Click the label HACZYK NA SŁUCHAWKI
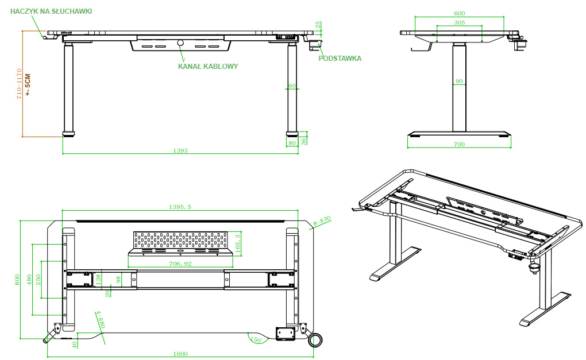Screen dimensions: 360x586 click(x=51, y=11)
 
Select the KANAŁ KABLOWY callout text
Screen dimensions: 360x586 click(x=208, y=66)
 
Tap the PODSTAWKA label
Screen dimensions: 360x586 click(x=340, y=58)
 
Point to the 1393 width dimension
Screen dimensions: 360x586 click(x=180, y=151)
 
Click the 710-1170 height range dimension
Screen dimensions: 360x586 click(x=19, y=84)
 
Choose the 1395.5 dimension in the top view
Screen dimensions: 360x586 click(x=180, y=207)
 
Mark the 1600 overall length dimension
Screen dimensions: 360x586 click(x=180, y=354)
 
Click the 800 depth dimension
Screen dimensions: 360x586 click(x=17, y=280)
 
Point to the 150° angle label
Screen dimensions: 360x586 click(x=256, y=340)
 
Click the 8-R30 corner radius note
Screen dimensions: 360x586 click(x=322, y=222)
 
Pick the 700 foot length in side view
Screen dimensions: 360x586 click(x=459, y=144)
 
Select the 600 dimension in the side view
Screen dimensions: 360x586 click(x=459, y=13)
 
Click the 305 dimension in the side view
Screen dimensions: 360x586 click(x=459, y=22)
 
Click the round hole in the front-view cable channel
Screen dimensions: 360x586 click(x=180, y=42)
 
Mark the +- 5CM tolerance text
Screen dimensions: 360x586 click(x=28, y=84)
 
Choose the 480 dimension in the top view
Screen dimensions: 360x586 click(x=29, y=279)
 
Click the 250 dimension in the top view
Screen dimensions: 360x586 click(x=38, y=280)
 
